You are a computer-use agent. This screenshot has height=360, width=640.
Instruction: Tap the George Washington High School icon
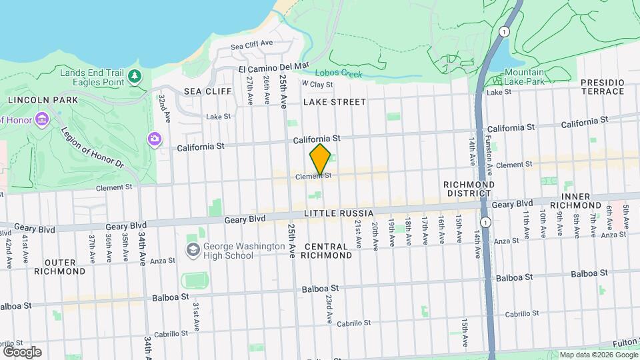coord(193,250)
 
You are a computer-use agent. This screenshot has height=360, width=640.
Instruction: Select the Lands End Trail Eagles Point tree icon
coord(135,77)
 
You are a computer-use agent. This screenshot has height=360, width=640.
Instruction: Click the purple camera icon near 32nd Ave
coord(155,139)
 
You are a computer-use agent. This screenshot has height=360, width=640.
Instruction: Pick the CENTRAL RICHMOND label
coord(327,251)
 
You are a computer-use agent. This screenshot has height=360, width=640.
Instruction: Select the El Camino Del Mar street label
coord(274,67)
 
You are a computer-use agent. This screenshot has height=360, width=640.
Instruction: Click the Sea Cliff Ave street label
coord(252,45)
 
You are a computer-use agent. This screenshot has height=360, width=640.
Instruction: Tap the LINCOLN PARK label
coord(43,99)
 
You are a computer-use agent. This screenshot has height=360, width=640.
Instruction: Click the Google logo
coord(22,351)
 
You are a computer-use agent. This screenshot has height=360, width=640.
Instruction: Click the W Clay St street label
coord(317,84)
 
